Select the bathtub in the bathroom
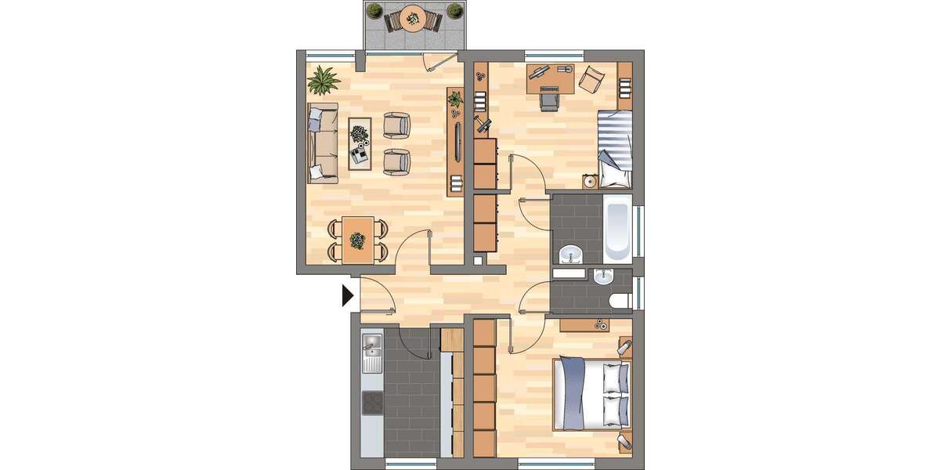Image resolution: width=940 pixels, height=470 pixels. tap(616, 228)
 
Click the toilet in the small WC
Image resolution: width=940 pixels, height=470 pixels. tap(620, 299)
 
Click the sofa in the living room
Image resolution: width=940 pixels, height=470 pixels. tap(322, 141)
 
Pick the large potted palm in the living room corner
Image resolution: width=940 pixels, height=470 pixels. tap(324, 79)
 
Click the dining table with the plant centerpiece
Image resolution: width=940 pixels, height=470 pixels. tap(358, 239)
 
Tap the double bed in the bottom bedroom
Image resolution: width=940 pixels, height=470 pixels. tap(591, 394)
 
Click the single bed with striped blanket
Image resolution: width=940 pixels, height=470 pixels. tap(614, 149)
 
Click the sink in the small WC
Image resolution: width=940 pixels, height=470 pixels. tap(603, 277)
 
